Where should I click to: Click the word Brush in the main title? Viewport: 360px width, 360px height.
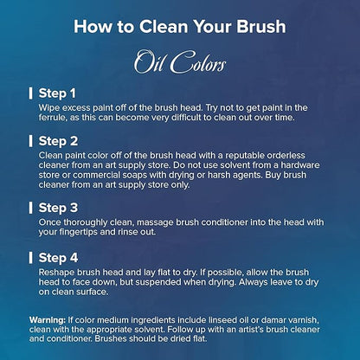261,26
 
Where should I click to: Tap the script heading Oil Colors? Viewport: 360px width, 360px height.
180,62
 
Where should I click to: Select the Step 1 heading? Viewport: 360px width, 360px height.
57,93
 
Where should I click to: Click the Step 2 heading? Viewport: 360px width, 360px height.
58,141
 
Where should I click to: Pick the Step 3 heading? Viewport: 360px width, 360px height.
58,208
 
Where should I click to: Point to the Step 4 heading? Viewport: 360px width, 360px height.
58,258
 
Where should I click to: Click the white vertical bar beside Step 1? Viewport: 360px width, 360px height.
30,93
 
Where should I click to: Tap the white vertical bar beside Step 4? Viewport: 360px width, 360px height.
30,258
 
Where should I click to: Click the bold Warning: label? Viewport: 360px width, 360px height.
48,320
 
